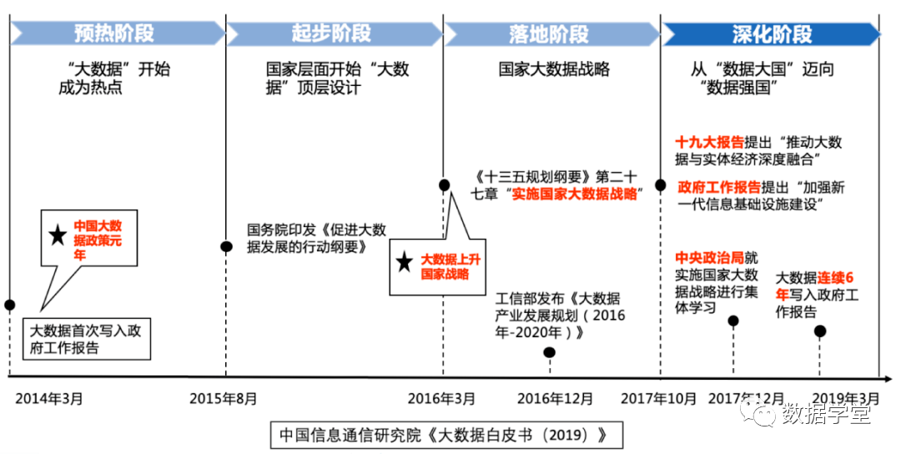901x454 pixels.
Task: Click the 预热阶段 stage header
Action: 114,33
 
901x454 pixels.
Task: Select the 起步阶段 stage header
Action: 332,33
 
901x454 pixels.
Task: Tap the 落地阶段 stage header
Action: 549,33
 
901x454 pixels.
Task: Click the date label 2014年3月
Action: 49,398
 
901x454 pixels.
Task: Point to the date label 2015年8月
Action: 224,398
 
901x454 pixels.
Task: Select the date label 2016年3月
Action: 441,398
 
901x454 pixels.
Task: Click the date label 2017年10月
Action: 659,398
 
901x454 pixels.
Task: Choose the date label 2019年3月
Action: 845,398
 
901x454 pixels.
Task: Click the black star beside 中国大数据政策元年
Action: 58,235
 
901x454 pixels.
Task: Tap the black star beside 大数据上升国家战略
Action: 405,263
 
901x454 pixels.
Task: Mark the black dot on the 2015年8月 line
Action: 226,246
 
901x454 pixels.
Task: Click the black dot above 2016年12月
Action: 549,351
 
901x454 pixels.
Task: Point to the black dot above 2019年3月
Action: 820,331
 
